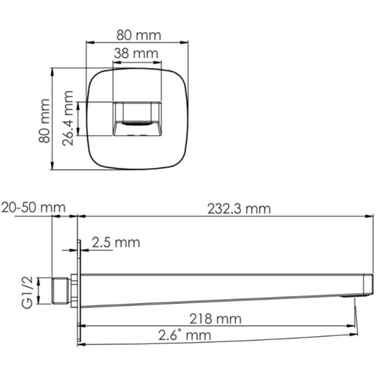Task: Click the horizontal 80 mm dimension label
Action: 137,35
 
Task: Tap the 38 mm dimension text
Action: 136,53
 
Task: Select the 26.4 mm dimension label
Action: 69,118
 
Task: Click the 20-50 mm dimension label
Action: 34,208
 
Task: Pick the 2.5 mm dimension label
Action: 115,243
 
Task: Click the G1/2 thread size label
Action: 27,292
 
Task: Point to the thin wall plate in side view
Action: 79,291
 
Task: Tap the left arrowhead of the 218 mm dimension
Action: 84,326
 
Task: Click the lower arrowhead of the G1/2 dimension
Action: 40,302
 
